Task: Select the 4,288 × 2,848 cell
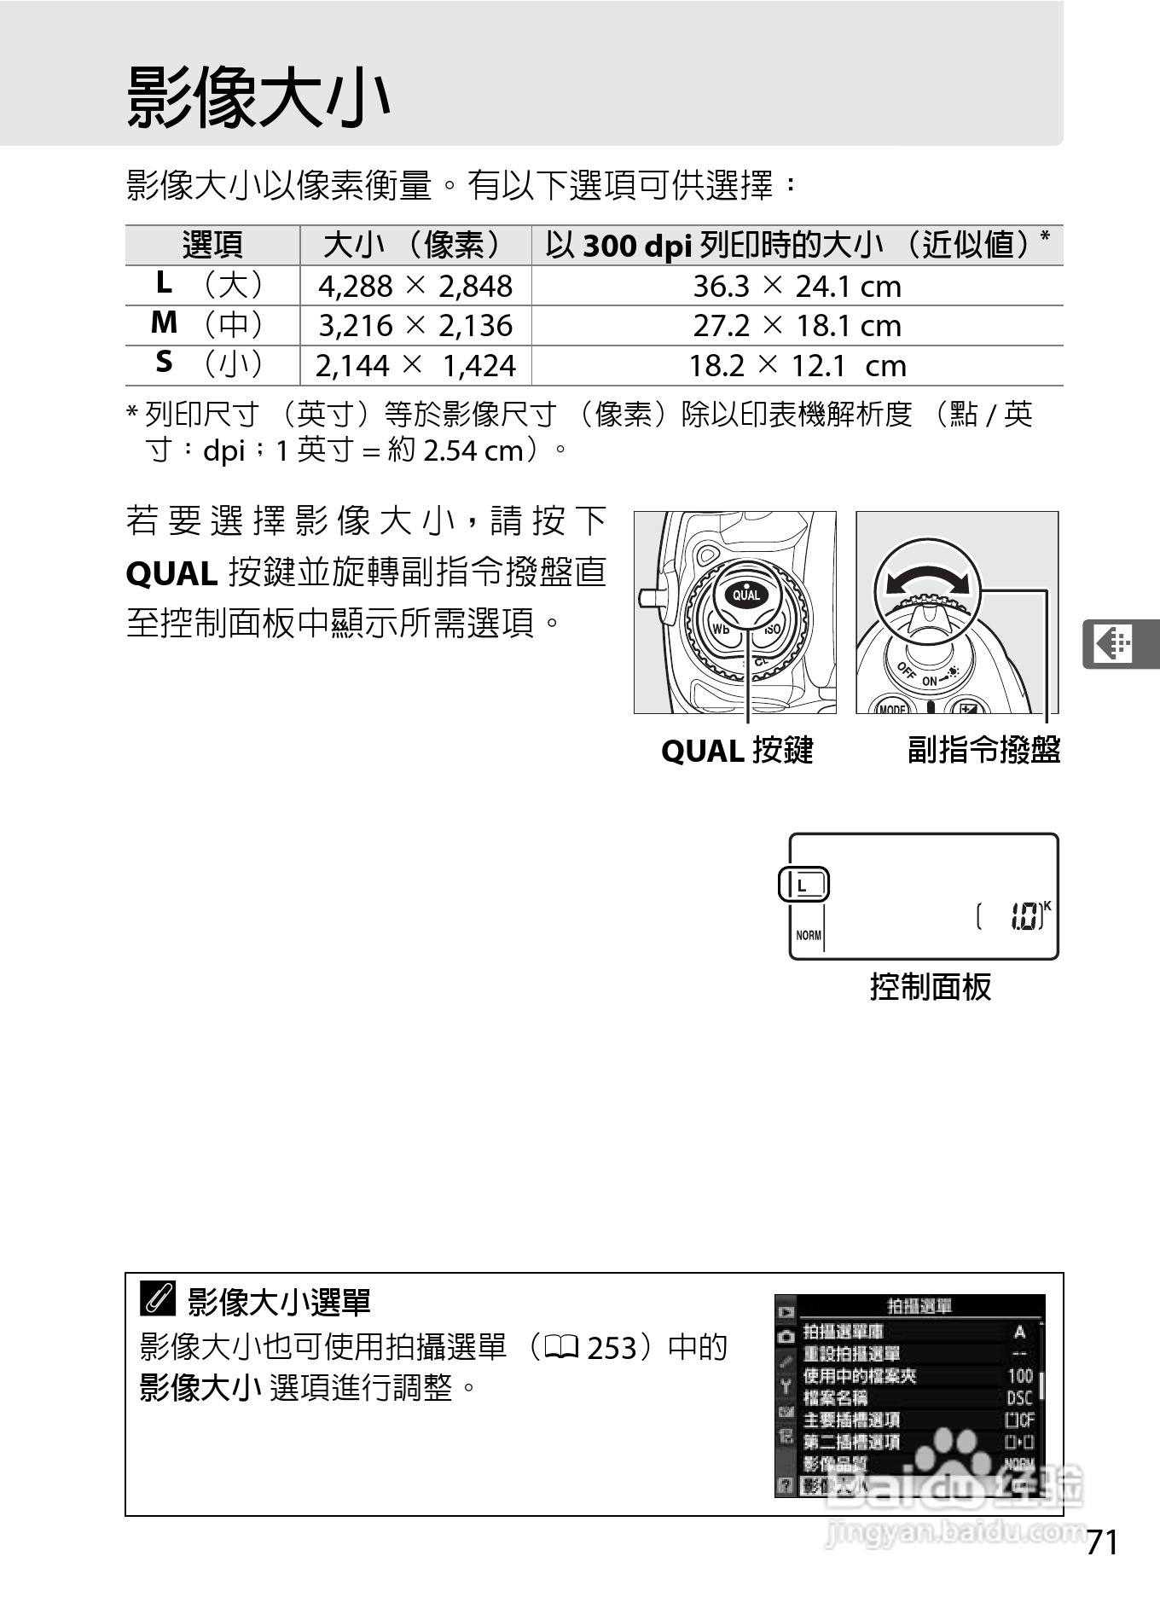click(415, 286)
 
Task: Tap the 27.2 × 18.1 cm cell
click(797, 326)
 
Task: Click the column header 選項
click(212, 246)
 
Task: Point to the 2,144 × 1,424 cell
click(415, 366)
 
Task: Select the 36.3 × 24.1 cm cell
click(797, 286)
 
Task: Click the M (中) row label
click(209, 324)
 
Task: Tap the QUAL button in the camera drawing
click(745, 595)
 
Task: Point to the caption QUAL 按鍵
click(737, 751)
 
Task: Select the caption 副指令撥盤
click(983, 750)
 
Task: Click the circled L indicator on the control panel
click(803, 886)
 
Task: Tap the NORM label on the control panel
click(808, 935)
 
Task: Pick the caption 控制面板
click(930, 987)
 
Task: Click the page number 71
click(1101, 1542)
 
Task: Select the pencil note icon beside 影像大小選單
click(158, 1299)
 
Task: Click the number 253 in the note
click(612, 1348)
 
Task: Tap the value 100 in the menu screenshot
click(1019, 1375)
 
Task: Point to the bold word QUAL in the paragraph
click(171, 574)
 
